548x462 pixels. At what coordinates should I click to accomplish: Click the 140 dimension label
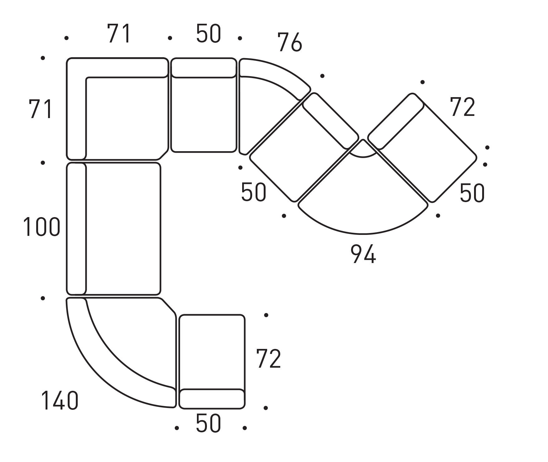[60, 400]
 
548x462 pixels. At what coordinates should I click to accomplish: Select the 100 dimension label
[42, 227]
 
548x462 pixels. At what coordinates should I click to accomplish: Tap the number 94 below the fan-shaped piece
[363, 254]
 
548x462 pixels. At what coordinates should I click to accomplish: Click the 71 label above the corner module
[119, 34]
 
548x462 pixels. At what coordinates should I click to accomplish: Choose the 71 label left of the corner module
[40, 109]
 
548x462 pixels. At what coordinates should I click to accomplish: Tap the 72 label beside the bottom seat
[268, 359]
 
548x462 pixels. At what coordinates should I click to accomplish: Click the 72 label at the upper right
[462, 107]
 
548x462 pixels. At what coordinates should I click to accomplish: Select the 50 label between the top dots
[208, 34]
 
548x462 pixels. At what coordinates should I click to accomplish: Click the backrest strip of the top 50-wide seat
[203, 68]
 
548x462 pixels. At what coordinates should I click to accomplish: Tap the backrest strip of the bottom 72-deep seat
[212, 399]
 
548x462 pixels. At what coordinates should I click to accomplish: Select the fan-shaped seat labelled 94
[363, 200]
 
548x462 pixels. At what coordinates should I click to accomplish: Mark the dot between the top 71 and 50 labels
[170, 38]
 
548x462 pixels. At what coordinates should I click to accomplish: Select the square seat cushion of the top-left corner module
[125, 117]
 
